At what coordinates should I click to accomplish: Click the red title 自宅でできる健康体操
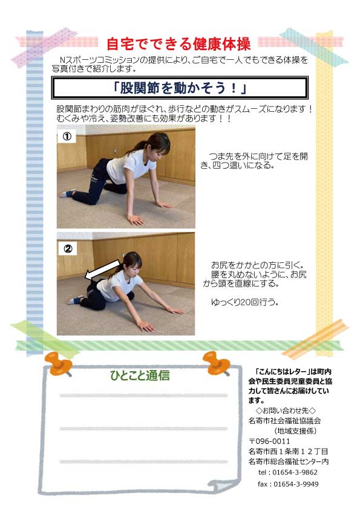point(178,44)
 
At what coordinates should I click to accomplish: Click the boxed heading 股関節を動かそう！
point(180,88)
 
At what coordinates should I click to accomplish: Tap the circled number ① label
point(67,136)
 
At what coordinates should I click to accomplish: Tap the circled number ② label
point(68,248)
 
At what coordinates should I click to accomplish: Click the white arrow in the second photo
point(102,268)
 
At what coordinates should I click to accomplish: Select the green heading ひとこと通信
point(140,375)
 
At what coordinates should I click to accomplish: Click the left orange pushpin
point(59,363)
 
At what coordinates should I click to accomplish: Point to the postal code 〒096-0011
point(269,441)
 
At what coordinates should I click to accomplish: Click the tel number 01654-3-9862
point(295,472)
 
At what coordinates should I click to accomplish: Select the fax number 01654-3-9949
point(296,484)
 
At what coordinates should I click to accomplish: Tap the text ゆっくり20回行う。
point(245,302)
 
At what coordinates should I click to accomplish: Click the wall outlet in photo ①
point(115,151)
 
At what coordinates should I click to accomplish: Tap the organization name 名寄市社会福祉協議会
point(284,421)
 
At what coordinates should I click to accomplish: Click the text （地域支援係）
point(295,431)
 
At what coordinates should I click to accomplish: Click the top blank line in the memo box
point(143,396)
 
